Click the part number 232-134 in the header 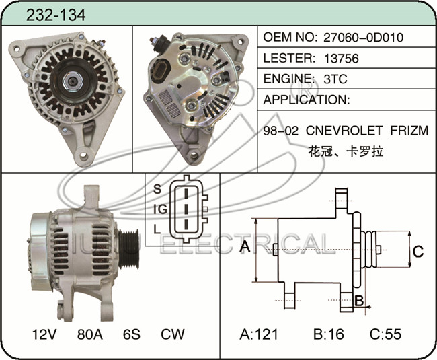tap(56, 15)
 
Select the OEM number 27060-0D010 tap(363, 38)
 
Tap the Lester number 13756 tap(341, 59)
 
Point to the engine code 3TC tap(335, 79)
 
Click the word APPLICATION tap(307, 100)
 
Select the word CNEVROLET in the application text tap(344, 131)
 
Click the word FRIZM tap(409, 131)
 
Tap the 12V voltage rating tap(44, 334)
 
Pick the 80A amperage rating tap(89, 334)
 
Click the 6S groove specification tap(132, 334)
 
